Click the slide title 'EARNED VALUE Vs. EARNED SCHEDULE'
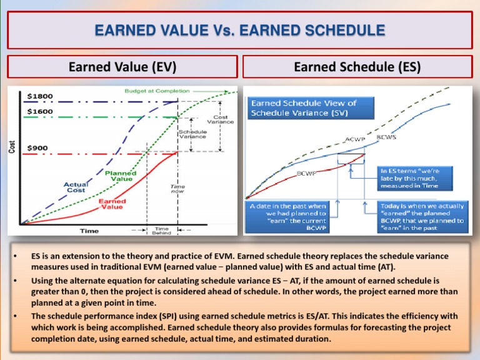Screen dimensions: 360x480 [x=240, y=30]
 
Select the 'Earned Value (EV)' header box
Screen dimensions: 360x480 [x=122, y=66]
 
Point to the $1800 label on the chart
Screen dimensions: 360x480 [x=40, y=96]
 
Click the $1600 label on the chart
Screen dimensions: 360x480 [x=40, y=111]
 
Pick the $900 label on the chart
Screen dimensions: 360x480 [x=37, y=147]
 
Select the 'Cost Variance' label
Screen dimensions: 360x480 [x=224, y=119]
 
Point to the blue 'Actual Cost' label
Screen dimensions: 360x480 [x=76, y=187]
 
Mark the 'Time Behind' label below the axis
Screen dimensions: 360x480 [x=160, y=231]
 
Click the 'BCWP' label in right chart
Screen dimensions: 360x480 [x=306, y=173]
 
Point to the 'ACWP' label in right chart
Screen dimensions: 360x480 [x=355, y=139]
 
